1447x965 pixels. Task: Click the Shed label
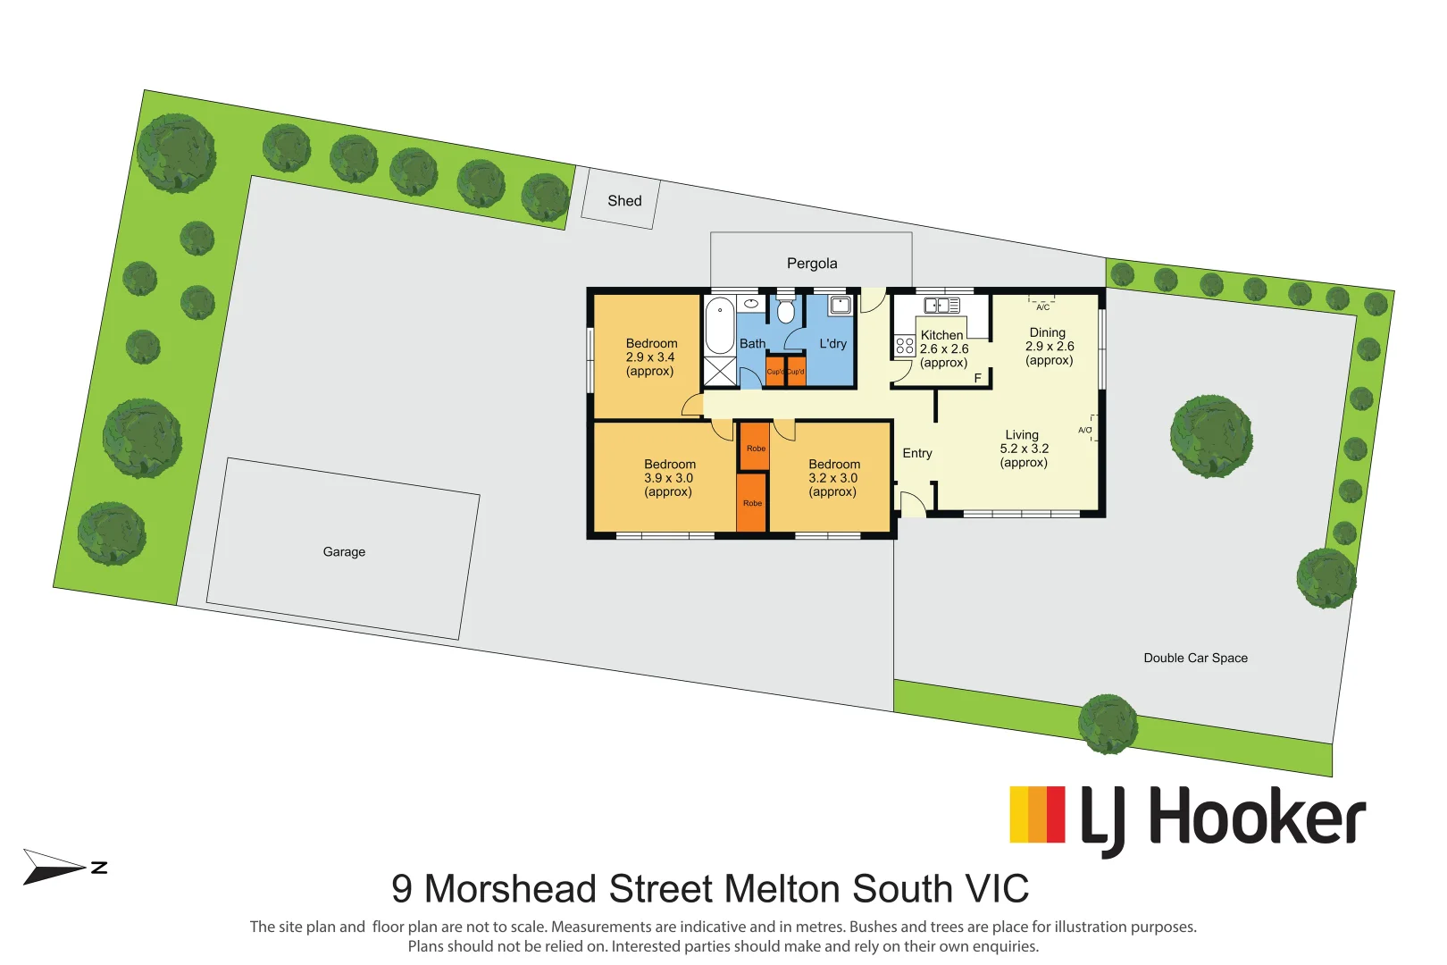[624, 201]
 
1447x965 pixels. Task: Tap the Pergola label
[812, 264]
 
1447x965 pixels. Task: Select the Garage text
[344, 552]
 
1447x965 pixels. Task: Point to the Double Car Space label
[1195, 659]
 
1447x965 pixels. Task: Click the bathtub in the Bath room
[719, 326]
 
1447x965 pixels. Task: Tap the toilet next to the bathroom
[785, 311]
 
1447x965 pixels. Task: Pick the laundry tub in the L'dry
[840, 306]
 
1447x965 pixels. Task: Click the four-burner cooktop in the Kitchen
[904, 346]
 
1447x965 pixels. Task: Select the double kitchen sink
[941, 306]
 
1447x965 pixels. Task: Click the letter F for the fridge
[977, 379]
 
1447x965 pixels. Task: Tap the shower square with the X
[720, 371]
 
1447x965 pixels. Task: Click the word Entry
[916, 454]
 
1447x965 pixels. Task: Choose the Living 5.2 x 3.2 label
[1024, 449]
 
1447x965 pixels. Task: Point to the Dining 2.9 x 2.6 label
[1049, 347]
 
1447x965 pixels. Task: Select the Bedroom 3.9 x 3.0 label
[669, 478]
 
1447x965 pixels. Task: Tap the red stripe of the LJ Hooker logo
[1055, 814]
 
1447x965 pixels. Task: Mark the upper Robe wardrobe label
[756, 449]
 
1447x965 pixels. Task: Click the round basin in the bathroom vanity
[751, 304]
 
